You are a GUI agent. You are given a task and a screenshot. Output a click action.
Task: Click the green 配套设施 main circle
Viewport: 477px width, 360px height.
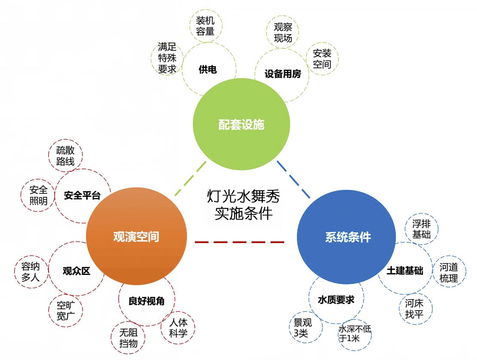(x=241, y=125)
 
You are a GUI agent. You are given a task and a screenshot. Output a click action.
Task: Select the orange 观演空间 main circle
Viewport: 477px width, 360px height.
(x=136, y=237)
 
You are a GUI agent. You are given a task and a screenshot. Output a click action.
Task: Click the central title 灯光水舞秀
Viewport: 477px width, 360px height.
(x=243, y=197)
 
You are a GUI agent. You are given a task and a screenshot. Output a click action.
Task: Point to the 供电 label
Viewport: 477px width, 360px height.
(x=208, y=70)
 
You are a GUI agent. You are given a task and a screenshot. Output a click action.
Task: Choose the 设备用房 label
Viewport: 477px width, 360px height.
(x=283, y=74)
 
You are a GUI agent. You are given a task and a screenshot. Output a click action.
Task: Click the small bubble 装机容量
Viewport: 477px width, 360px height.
(x=205, y=26)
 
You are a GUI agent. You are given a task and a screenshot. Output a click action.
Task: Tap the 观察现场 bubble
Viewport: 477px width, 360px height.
(x=283, y=32)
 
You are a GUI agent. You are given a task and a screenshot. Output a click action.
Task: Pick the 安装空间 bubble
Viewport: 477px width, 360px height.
(x=322, y=59)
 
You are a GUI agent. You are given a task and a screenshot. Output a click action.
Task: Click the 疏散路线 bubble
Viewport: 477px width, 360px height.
(x=65, y=156)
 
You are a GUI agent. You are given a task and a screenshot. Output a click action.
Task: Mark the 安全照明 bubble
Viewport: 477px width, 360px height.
(x=38, y=195)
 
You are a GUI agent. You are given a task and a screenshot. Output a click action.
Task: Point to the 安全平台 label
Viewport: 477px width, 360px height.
(x=82, y=196)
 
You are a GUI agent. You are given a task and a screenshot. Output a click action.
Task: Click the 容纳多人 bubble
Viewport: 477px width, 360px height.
(x=31, y=272)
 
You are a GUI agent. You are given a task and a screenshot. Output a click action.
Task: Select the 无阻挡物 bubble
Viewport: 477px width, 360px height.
(x=128, y=338)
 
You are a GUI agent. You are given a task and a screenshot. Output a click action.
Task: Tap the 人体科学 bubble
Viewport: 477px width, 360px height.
(x=178, y=327)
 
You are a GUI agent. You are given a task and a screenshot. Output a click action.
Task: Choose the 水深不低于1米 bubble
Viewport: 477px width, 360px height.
(x=355, y=334)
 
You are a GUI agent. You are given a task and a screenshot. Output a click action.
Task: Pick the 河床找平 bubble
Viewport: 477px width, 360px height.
(x=414, y=308)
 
